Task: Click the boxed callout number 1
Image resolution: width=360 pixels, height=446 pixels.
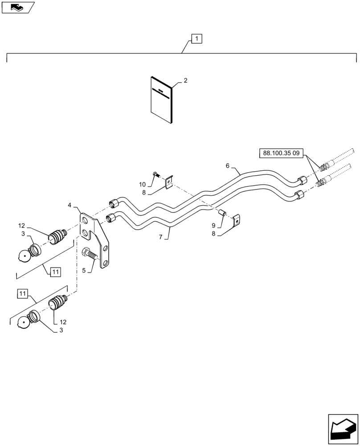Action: point(197,39)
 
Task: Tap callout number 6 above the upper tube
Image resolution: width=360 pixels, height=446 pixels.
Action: point(228,165)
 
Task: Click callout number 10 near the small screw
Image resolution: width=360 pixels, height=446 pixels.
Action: point(142,184)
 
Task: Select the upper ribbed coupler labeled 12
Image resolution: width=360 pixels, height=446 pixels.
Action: point(57,235)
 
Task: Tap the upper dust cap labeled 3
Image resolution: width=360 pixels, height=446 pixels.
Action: point(29,253)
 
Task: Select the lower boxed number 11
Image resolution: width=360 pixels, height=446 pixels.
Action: point(23,293)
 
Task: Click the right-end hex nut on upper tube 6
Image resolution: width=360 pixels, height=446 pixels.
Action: point(302,180)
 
